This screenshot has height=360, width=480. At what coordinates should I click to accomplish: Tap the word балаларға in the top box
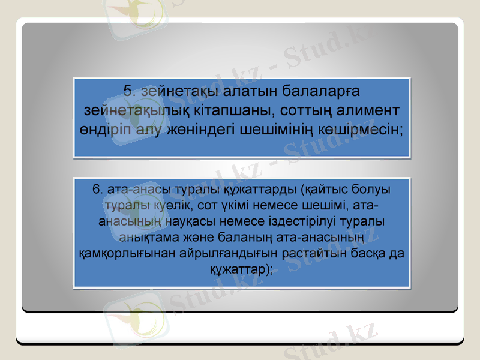coord(316,91)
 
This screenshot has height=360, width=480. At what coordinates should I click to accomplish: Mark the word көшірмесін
coord(368,129)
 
